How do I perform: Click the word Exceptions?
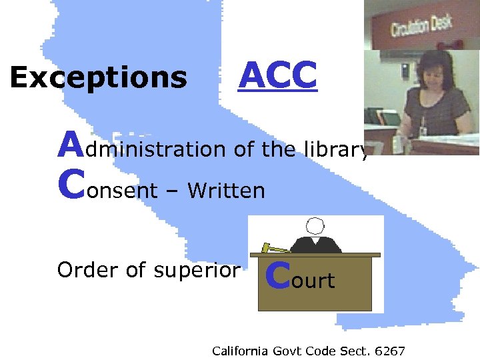pos(98,79)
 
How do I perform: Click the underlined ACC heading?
pos(278,75)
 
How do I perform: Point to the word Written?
pos(226,191)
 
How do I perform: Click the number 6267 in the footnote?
pos(390,351)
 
